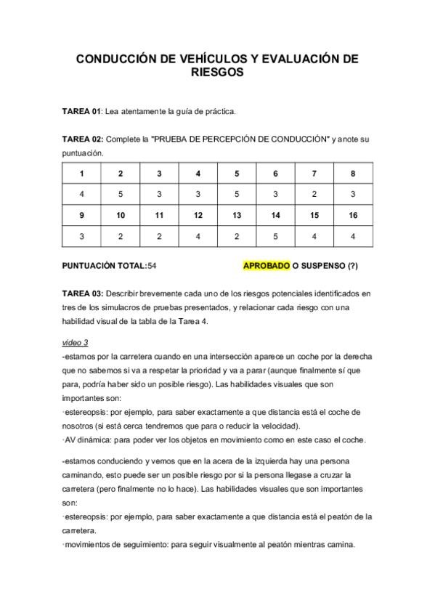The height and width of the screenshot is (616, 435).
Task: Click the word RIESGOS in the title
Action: click(217, 73)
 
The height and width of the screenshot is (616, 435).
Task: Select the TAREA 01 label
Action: click(81, 111)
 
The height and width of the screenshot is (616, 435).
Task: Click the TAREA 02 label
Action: click(82, 138)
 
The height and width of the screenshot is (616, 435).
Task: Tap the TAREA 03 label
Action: click(82, 293)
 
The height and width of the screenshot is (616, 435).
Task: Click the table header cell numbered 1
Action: click(81, 174)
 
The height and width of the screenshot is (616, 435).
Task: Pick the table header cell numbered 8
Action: click(353, 174)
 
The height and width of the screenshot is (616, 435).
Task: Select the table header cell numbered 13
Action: click(237, 216)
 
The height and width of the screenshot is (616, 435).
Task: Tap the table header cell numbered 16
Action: click(353, 216)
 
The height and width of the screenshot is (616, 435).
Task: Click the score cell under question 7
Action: click(314, 195)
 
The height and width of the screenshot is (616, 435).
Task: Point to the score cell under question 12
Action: click(198, 237)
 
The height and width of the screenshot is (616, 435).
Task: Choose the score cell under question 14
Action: click(275, 237)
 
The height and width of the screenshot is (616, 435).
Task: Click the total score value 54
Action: click(152, 267)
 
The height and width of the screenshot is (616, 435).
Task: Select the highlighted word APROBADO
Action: click(267, 267)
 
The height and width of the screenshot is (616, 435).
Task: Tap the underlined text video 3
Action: click(75, 342)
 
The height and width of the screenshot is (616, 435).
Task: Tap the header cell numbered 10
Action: click(121, 216)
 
